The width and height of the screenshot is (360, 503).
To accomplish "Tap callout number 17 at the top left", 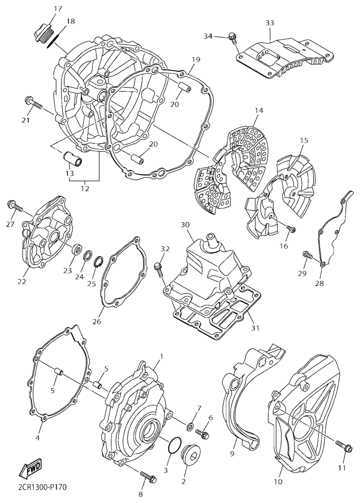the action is (x=58, y=9).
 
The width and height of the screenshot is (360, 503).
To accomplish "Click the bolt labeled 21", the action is (x=33, y=103).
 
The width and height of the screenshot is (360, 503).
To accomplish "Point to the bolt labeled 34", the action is (x=233, y=38).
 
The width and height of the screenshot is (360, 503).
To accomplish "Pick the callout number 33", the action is (x=270, y=23).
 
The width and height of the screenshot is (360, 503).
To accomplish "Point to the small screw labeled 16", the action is (x=291, y=229).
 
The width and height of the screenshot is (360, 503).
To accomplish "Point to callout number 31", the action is (x=255, y=328).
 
